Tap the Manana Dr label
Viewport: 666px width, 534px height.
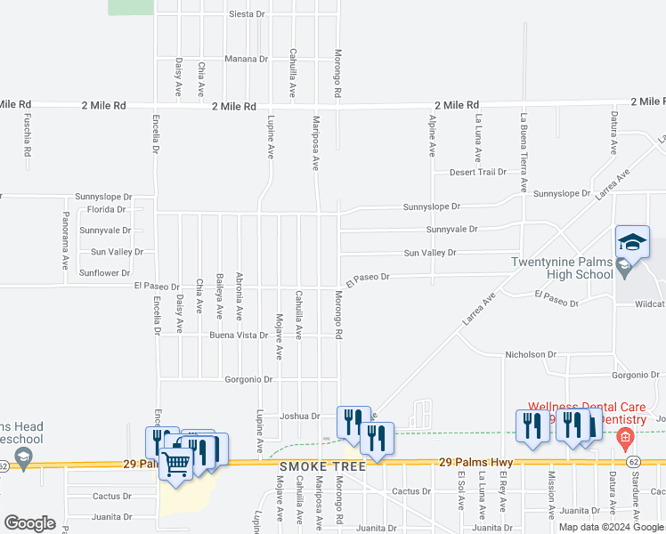(x=246, y=60)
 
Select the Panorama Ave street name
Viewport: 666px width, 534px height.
(x=66, y=240)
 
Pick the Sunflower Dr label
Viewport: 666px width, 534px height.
(x=105, y=273)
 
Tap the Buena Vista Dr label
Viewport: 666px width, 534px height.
(x=239, y=336)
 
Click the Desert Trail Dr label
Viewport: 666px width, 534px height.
(x=477, y=173)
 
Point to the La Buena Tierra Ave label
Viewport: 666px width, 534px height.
(x=524, y=154)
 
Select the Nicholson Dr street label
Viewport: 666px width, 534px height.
(x=531, y=355)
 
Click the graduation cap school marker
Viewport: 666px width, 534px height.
(x=632, y=242)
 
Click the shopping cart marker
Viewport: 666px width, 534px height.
(x=176, y=462)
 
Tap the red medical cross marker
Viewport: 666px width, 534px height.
(x=625, y=437)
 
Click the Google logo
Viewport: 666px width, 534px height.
(x=29, y=523)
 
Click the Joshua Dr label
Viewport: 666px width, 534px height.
(x=299, y=416)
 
